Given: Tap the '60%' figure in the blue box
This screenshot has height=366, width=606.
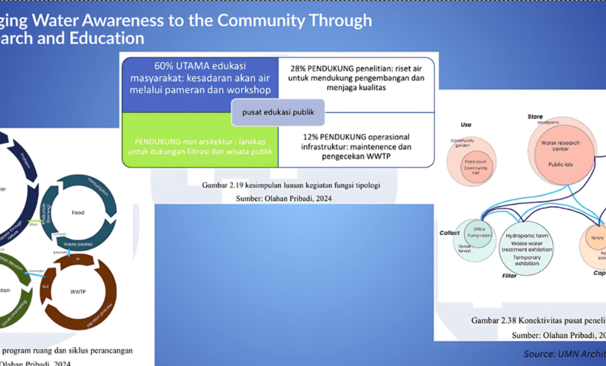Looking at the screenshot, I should pyautogui.click(x=166, y=66).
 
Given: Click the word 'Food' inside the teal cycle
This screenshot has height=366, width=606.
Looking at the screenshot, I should pyautogui.click(x=78, y=213).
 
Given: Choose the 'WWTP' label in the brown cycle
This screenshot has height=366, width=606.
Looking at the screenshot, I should pyautogui.click(x=78, y=292).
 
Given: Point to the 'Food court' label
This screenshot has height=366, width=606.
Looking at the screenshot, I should pyautogui.click(x=475, y=162).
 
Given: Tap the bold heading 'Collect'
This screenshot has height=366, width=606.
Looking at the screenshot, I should pyautogui.click(x=449, y=233).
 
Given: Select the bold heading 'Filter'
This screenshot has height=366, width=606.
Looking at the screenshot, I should pyautogui.click(x=509, y=276).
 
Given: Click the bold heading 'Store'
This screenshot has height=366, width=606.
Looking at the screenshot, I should pyautogui.click(x=535, y=117).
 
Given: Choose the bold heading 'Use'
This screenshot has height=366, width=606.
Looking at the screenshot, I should pyautogui.click(x=466, y=124).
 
